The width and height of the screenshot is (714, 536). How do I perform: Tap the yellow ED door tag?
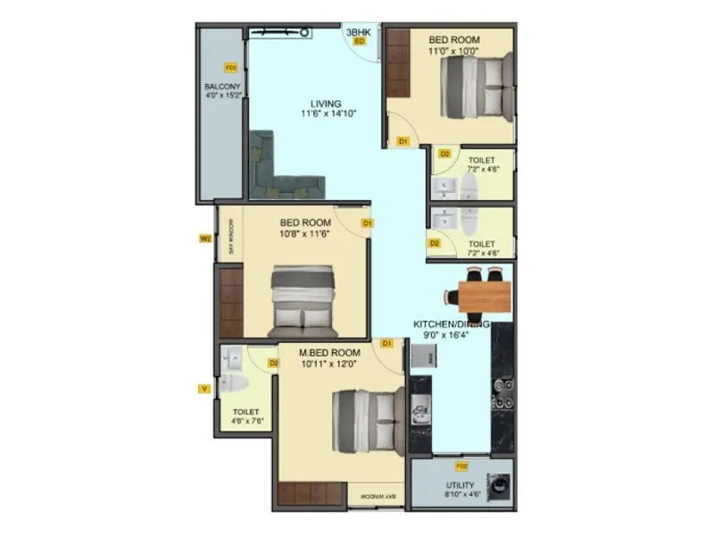[x=360, y=41]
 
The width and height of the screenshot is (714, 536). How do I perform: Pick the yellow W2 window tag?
[x=204, y=239]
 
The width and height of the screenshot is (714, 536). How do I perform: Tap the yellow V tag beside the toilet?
[x=204, y=388]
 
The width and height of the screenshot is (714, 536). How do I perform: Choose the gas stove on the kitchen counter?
[x=502, y=392]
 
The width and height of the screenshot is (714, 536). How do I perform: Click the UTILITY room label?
[x=461, y=486]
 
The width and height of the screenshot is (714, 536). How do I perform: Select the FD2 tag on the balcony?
[x=230, y=67]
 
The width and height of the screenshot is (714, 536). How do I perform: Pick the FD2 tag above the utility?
[x=461, y=466]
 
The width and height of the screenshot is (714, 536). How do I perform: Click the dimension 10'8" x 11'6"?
[x=305, y=234]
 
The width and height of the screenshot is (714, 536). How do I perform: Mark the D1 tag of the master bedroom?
[x=386, y=343]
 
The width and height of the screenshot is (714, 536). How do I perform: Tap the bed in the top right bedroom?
[x=476, y=87]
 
